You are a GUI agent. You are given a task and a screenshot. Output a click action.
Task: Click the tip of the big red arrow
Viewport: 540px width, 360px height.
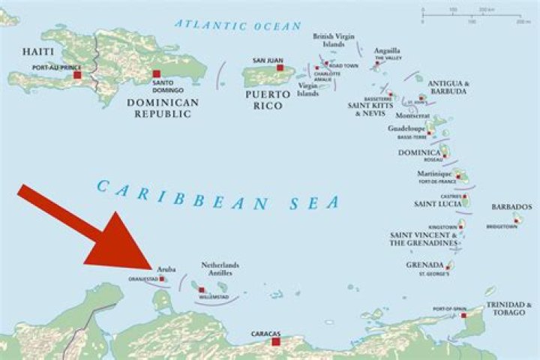[153, 266]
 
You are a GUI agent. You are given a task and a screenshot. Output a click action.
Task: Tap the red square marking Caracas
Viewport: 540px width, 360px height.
[275, 341]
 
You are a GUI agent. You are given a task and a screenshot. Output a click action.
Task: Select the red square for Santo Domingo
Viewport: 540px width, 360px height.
[156, 73]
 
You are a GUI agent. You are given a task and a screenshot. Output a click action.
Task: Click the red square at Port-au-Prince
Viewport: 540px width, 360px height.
[77, 75]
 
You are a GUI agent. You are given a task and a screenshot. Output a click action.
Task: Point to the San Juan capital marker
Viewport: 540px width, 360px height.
[280, 67]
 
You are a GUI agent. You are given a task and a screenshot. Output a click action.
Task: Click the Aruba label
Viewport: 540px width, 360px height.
[166, 268]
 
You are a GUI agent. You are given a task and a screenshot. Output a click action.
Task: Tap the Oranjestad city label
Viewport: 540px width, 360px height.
[142, 279]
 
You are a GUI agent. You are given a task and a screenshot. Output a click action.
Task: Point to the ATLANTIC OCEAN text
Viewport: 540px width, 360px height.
[238, 25]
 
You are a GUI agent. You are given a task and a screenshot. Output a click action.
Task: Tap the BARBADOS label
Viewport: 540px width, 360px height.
[511, 206]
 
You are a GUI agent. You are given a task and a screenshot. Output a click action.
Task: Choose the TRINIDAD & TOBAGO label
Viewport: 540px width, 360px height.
[509, 308]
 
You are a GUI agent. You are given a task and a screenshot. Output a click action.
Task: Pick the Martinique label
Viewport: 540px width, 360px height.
[436, 173]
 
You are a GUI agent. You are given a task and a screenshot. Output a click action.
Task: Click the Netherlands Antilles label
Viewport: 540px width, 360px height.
[220, 270]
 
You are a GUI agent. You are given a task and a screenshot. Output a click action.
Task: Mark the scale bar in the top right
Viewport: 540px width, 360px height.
[472, 13]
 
